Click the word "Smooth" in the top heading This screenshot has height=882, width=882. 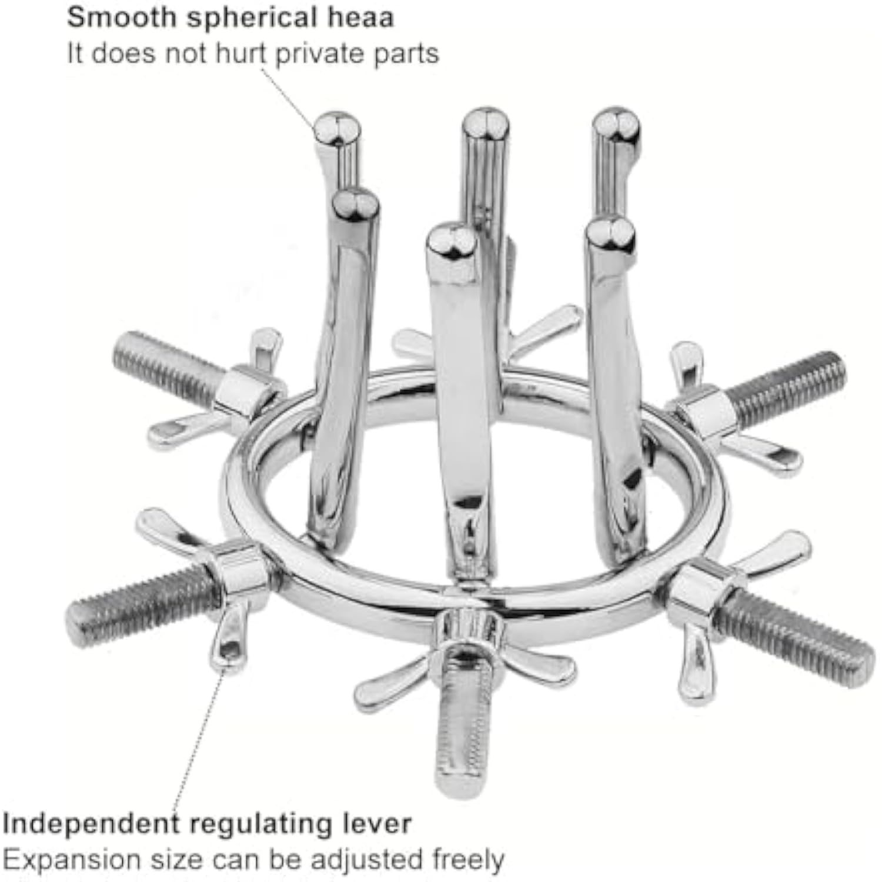121,17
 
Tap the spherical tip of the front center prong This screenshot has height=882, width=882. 452,241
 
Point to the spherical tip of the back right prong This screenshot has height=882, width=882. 616,125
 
